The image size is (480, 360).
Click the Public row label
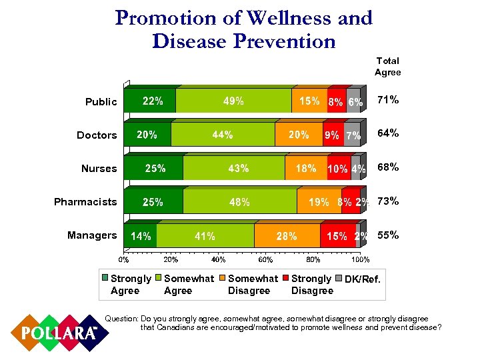click(101, 102)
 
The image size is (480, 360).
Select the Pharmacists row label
click(85, 202)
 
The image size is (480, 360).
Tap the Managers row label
click(92, 235)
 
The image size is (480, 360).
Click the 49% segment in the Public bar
click(233, 101)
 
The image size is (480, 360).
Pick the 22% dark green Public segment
click(153, 101)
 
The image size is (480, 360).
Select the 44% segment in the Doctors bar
click(222, 135)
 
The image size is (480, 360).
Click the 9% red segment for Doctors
click(331, 135)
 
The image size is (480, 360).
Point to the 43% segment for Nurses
click(238, 169)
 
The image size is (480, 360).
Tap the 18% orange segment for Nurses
click(305, 169)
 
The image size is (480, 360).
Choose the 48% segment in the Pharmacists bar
click(239, 202)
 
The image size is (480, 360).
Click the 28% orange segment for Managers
click(286, 236)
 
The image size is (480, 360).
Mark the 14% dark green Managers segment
click(141, 236)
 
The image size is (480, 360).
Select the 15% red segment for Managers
click(337, 236)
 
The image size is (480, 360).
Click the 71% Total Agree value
click(388, 100)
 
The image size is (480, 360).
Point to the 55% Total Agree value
click(388, 235)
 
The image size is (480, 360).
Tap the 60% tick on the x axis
click(265, 259)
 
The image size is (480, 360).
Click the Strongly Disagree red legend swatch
click(286, 278)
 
